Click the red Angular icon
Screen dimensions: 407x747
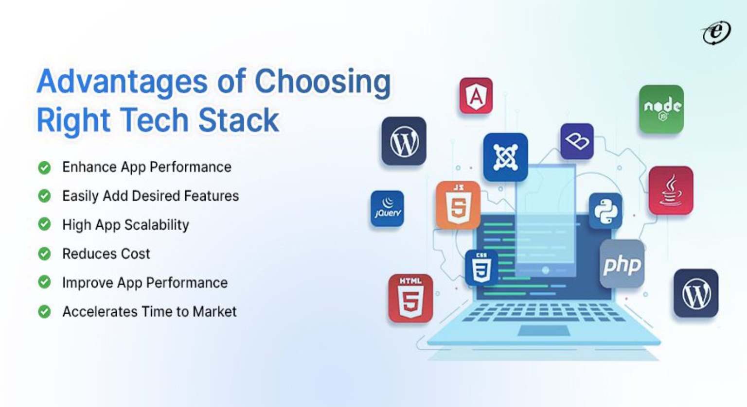pyautogui.click(x=476, y=96)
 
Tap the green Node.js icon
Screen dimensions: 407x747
pyautogui.click(x=661, y=109)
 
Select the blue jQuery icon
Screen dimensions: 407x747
pyautogui.click(x=387, y=209)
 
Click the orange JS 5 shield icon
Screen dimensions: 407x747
pyautogui.click(x=458, y=205)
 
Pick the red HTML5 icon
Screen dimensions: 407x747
pyautogui.click(x=410, y=298)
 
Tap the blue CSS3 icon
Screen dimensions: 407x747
pyautogui.click(x=481, y=268)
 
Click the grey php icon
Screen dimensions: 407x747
pyautogui.click(x=622, y=264)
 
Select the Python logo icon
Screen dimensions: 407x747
pyautogui.click(x=605, y=211)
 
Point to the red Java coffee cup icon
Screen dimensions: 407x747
pyautogui.click(x=671, y=190)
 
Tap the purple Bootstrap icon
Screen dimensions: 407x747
pyautogui.click(x=577, y=141)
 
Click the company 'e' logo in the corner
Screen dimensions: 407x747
pyautogui.click(x=716, y=33)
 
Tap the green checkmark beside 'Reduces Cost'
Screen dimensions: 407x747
pyautogui.click(x=44, y=254)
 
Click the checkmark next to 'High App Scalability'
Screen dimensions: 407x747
pyautogui.click(x=44, y=224)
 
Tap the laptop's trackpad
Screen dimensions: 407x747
pyautogui.click(x=543, y=331)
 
